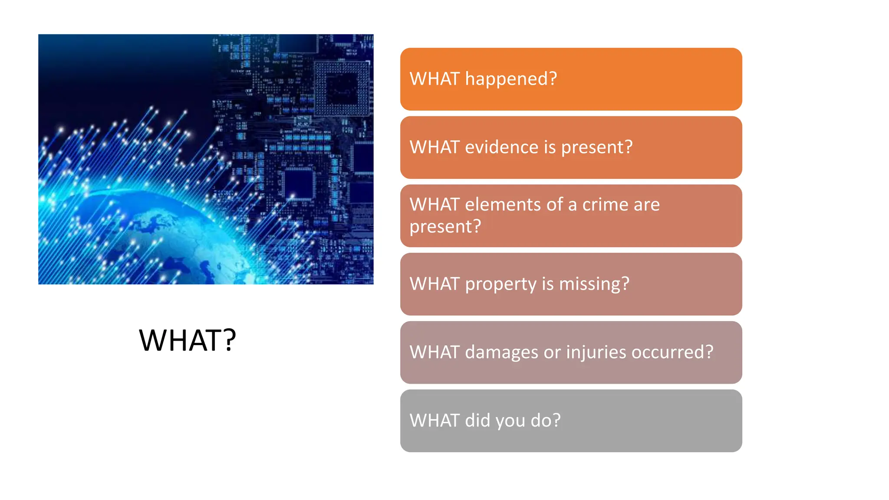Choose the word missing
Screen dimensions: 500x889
click(x=594, y=284)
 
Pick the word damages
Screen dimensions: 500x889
click(x=502, y=352)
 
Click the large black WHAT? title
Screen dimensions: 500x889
click(x=187, y=340)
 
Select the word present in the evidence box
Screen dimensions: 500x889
click(x=596, y=148)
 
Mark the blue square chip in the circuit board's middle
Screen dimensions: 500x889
click(x=298, y=182)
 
